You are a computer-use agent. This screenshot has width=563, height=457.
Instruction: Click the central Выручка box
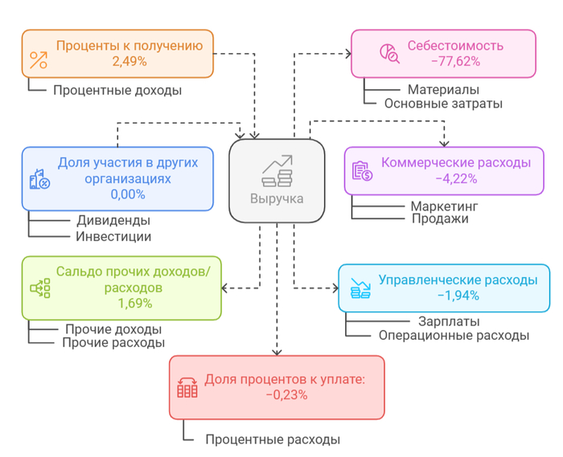coord(277,180)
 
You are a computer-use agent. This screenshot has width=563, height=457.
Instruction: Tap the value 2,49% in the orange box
coord(129,60)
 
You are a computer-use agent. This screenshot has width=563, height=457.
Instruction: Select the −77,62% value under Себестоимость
coord(455,60)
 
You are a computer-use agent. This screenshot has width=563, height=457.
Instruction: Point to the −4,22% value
coord(456,177)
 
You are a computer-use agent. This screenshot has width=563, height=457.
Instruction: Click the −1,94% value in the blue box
coord(458,295)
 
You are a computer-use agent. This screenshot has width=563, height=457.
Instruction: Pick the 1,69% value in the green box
coord(134,303)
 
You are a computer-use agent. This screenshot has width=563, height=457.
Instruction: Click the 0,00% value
coord(128,194)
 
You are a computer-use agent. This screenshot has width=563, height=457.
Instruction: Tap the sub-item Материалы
coord(443,89)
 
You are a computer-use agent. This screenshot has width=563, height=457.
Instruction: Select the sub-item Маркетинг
coord(445,206)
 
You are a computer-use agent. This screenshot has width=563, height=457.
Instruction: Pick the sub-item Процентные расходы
coord(272,439)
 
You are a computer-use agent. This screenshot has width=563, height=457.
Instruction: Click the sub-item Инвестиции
coord(113,236)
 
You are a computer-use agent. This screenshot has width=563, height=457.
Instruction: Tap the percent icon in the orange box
coord(39,59)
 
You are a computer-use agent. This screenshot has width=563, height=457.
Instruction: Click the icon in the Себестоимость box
coord(389,53)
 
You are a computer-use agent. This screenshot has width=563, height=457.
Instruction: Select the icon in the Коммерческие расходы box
coord(362,170)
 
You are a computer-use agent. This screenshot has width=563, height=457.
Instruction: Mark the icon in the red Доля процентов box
coord(187,387)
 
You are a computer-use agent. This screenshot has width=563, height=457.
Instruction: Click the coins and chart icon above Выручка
coord(277,169)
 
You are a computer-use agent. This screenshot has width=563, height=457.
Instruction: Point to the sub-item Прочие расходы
coord(113,342)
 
